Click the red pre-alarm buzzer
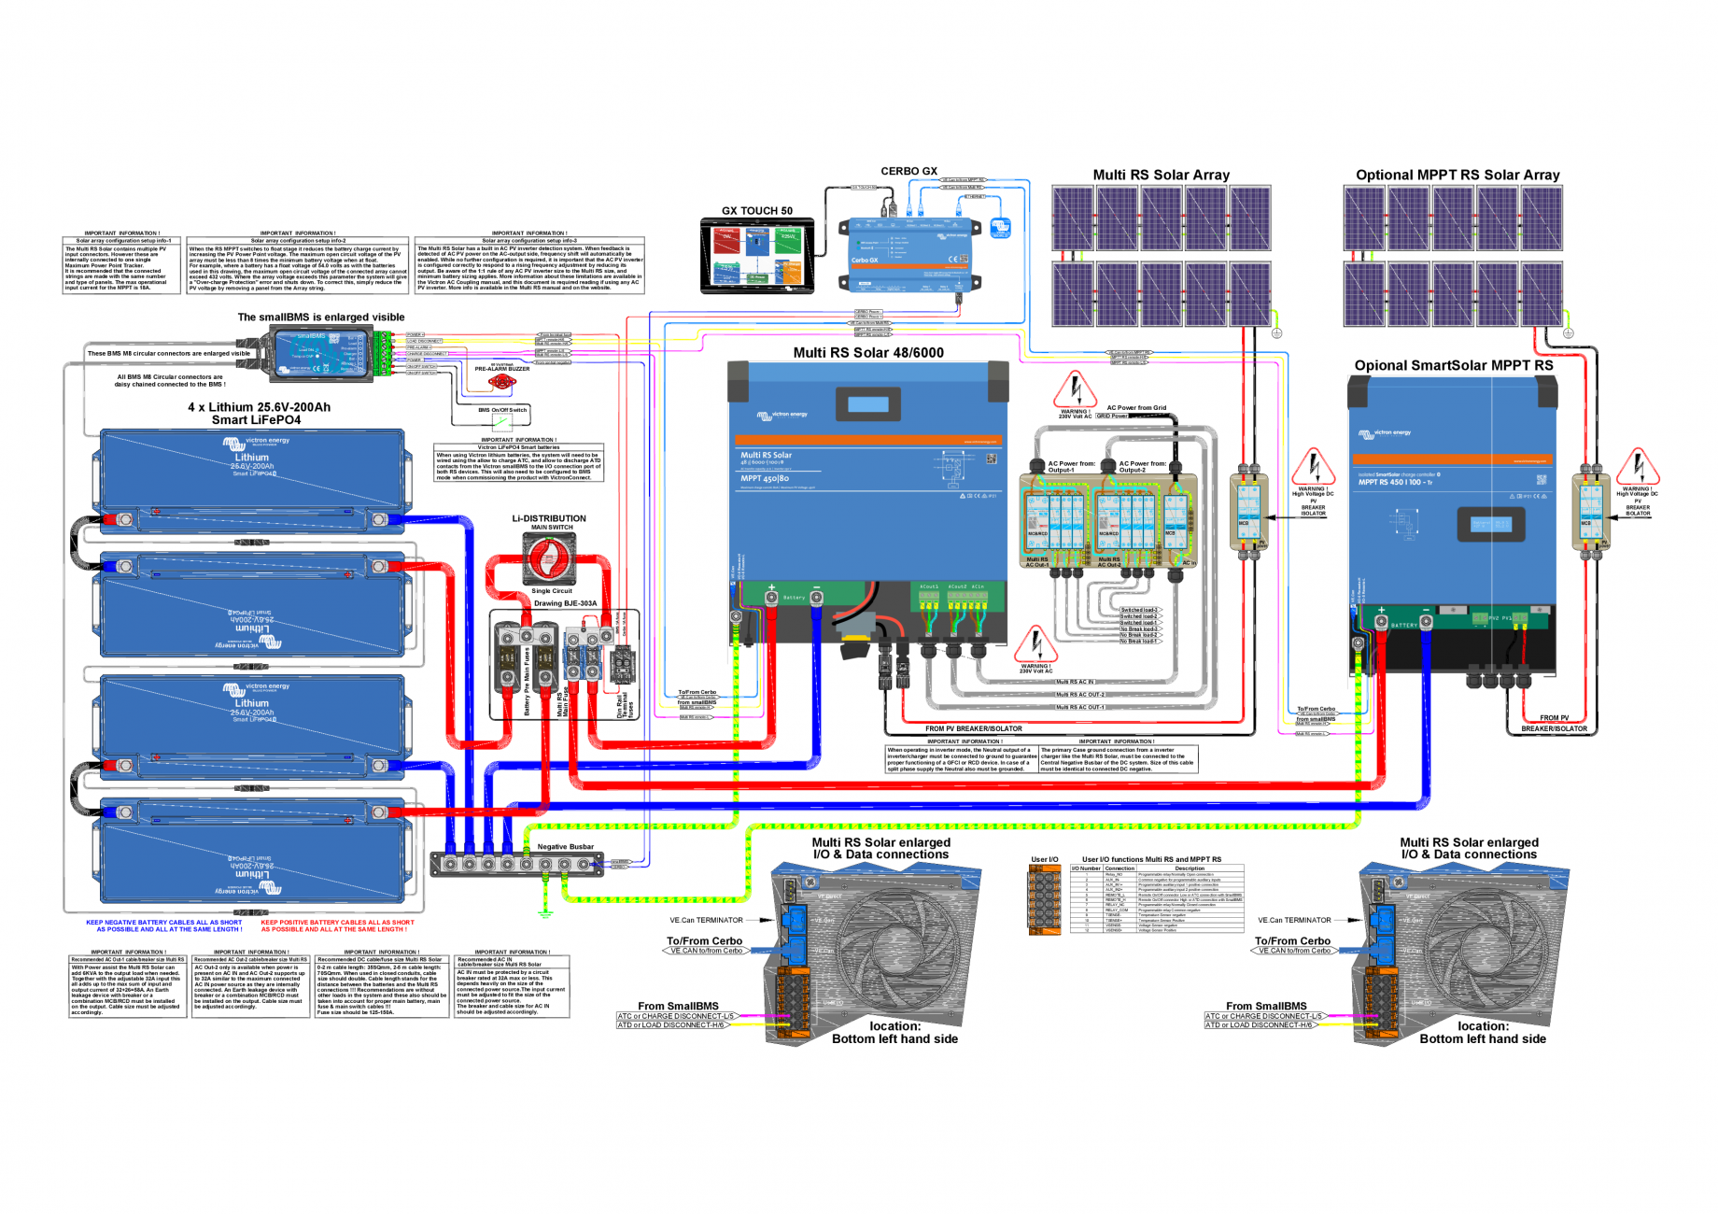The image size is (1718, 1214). pos(501,381)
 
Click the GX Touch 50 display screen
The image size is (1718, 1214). pos(757,255)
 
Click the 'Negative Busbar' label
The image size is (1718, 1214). pos(565,847)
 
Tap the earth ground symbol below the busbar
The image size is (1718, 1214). pos(545,911)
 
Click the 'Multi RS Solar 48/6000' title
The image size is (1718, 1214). pos(868,353)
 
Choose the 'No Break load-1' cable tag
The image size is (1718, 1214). pos(1139,642)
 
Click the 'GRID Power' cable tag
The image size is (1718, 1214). pos(1112,416)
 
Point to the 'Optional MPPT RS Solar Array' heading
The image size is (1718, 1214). pos(1457,175)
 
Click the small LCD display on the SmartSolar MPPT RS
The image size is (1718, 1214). pos(1490,525)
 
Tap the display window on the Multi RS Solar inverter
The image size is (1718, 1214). pos(868,404)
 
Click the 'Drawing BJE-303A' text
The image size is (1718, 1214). pos(565,603)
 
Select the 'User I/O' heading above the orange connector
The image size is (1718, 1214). pos(1044,859)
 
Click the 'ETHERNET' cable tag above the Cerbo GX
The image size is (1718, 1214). pos(975,196)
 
